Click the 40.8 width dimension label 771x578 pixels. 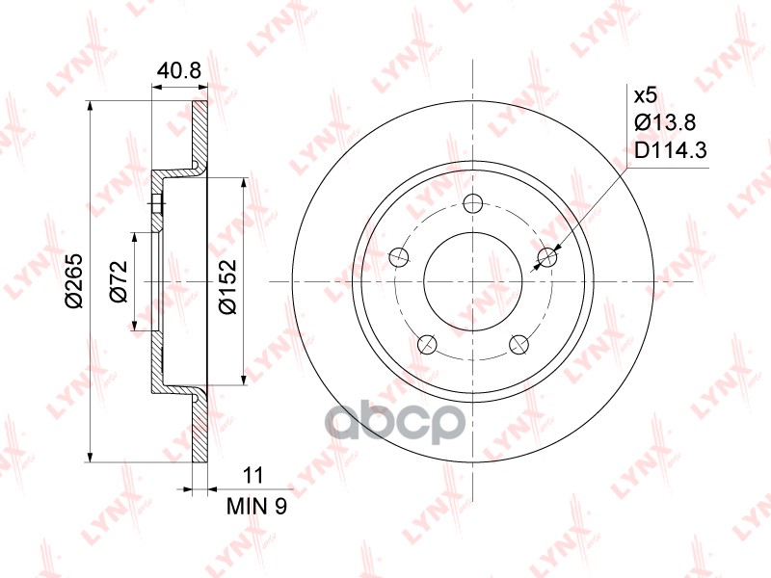tap(179, 70)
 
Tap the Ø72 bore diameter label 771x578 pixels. tap(119, 281)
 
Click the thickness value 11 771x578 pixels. tap(253, 476)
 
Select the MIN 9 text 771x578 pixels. tap(255, 505)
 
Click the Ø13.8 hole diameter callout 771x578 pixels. tap(664, 122)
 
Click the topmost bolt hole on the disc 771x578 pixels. tap(473, 203)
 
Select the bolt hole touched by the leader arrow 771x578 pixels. tap(547, 256)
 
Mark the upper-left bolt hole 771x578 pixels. tap(399, 256)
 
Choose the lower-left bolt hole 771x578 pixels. tap(427, 344)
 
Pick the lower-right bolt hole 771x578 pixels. tap(519, 344)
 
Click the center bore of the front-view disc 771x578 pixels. tap(473, 281)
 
